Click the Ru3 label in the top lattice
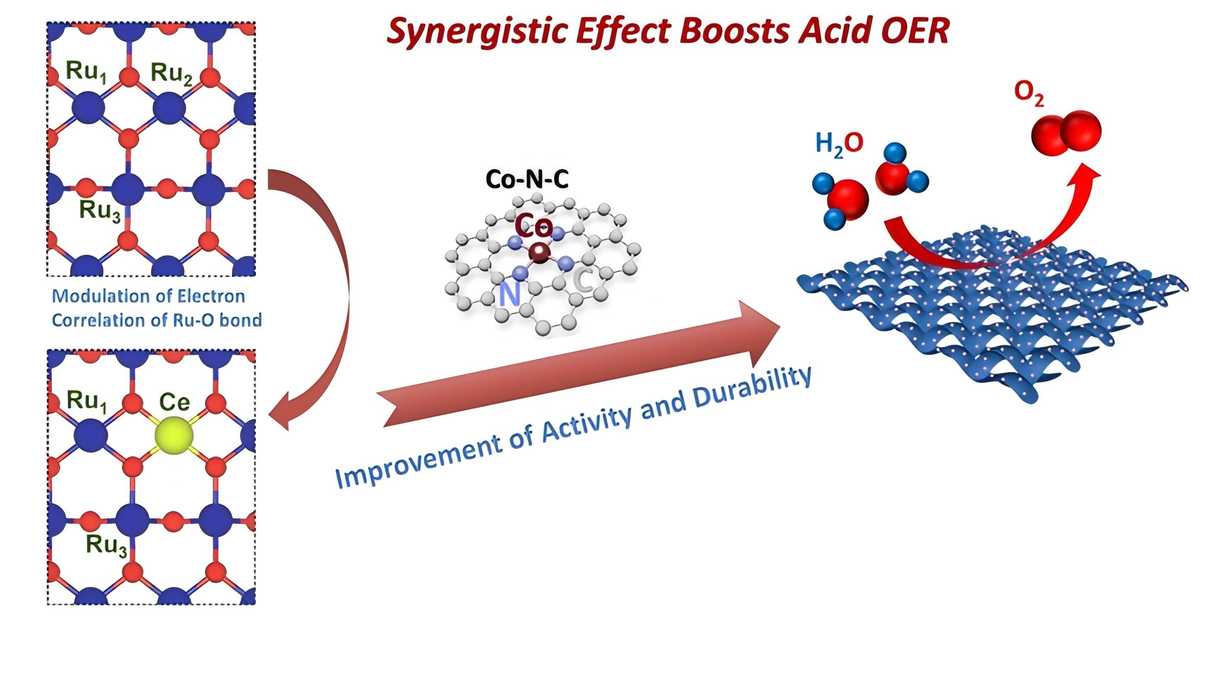[99, 210]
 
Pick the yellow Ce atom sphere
[173, 436]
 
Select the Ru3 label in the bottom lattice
[106, 545]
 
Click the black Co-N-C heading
[526, 179]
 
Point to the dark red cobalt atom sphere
[539, 253]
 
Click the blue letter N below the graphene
[509, 295]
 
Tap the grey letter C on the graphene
[583, 281]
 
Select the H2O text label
[839, 144]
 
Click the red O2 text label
[1029, 93]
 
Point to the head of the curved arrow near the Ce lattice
[280, 414]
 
